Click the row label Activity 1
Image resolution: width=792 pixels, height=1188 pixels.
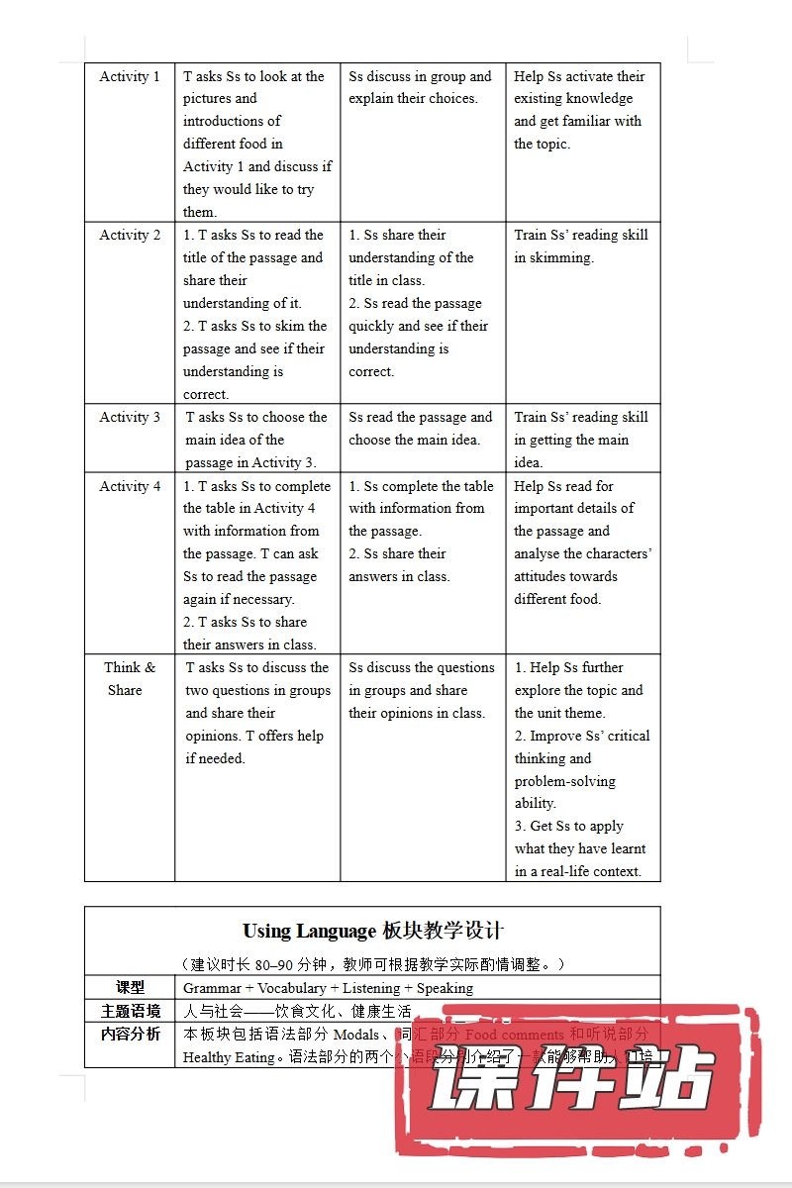[x=130, y=76]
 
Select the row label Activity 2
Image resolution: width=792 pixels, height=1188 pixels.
[x=130, y=235]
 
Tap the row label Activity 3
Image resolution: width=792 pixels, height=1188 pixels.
[x=130, y=417]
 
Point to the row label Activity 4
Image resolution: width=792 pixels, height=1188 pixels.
[x=130, y=486]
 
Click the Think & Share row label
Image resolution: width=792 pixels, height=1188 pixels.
[x=129, y=679]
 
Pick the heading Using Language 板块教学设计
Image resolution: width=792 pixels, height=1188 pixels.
[x=372, y=931]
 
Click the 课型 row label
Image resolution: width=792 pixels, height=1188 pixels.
[x=130, y=987]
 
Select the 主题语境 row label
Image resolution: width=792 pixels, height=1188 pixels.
[x=130, y=1011]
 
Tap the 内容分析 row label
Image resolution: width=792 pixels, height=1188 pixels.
[x=130, y=1034]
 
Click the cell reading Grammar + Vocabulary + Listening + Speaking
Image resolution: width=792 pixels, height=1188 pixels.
[x=328, y=987]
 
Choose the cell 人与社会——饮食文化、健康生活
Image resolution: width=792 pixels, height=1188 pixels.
[x=297, y=1011]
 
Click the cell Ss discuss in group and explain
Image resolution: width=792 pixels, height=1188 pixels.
[x=420, y=87]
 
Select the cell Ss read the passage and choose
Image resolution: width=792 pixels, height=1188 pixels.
[x=420, y=428]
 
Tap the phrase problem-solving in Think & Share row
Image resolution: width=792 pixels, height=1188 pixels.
[x=564, y=781]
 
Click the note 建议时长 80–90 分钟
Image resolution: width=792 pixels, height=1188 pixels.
[x=372, y=963]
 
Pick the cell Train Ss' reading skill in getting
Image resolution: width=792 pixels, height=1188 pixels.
[x=581, y=439]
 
